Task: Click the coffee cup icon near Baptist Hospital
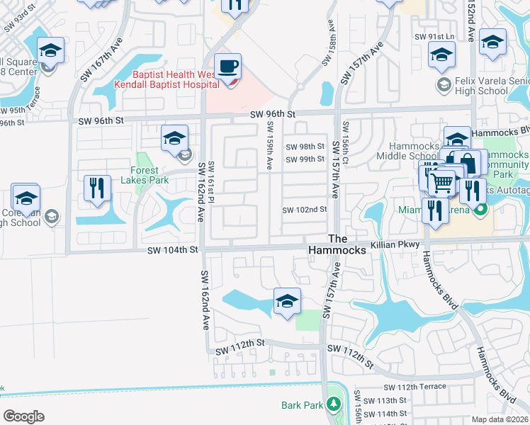[x=227, y=67]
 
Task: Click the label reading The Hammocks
[x=337, y=245]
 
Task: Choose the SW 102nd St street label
[x=305, y=210]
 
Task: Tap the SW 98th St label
[x=305, y=147]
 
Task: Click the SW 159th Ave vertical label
[x=270, y=144]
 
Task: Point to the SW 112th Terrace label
[x=415, y=387]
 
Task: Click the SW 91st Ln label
[x=439, y=36]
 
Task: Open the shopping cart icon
[x=442, y=183]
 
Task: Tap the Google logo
[x=23, y=416]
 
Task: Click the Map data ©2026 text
[x=500, y=419]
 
